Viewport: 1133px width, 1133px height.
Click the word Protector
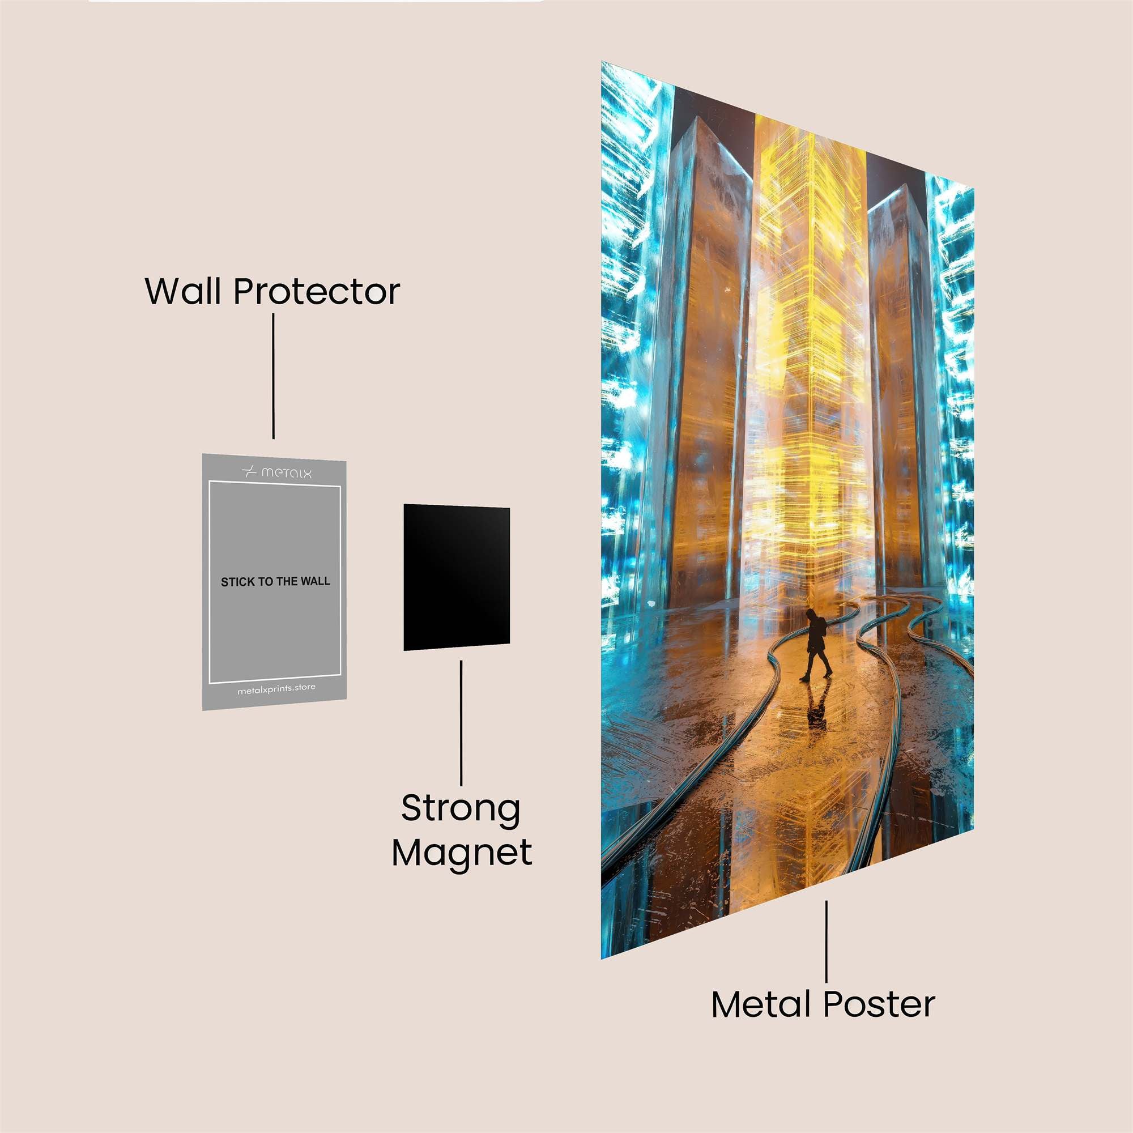pos(317,291)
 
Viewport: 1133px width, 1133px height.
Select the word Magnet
pos(462,854)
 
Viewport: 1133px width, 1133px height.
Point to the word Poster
pos(879,1004)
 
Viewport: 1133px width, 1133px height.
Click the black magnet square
pos(456,578)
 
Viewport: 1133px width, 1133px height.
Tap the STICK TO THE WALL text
pos(275,582)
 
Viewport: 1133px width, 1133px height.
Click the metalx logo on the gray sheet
pos(276,472)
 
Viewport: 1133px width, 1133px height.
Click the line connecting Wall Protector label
pos(273,376)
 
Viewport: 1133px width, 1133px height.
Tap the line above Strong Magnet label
pos(461,723)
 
